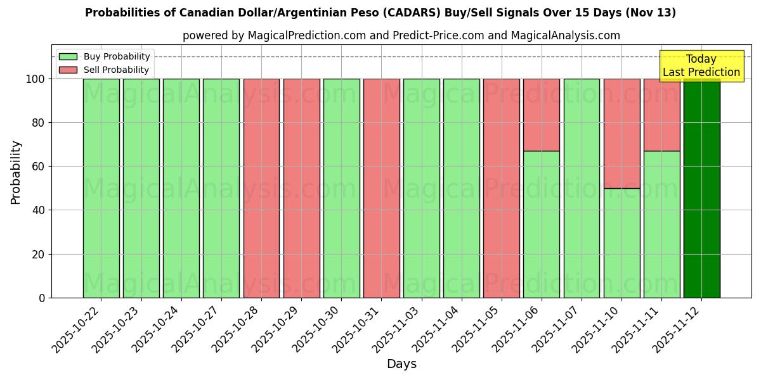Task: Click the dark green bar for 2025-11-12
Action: click(701, 190)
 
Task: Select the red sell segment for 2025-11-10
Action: click(621, 133)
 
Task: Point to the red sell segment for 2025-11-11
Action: click(661, 115)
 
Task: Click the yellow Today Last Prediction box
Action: click(701, 66)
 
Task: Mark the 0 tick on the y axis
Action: click(42, 298)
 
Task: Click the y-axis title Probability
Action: click(16, 172)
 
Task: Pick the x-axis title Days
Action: click(401, 364)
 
